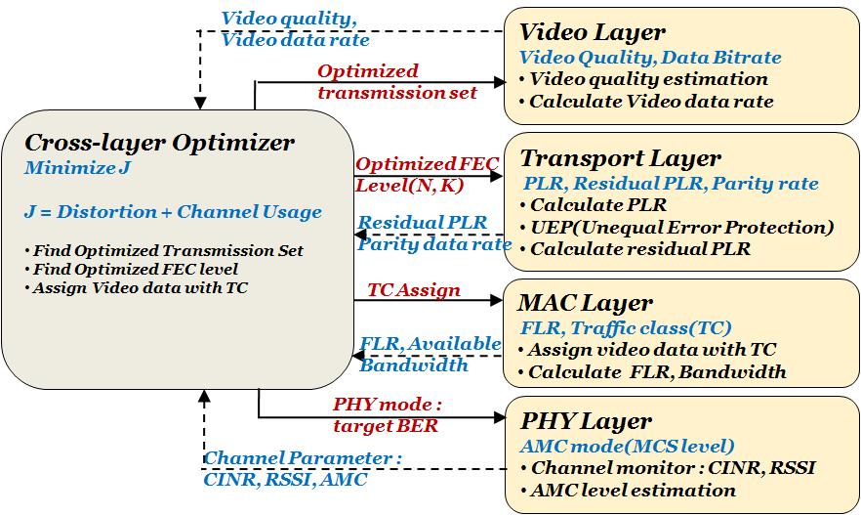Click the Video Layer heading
(x=593, y=32)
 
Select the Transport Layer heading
(x=621, y=158)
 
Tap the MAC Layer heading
(x=587, y=303)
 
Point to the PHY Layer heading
(x=587, y=421)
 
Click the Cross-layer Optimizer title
(x=159, y=143)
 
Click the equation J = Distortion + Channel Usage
(x=173, y=212)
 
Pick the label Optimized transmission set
(x=396, y=82)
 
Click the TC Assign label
(x=413, y=290)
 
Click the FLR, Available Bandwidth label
(x=430, y=355)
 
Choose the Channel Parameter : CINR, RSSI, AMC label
(x=302, y=469)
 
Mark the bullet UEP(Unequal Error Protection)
(x=680, y=227)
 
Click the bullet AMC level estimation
(x=635, y=490)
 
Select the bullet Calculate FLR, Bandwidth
(x=656, y=371)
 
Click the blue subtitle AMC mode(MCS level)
(x=628, y=446)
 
